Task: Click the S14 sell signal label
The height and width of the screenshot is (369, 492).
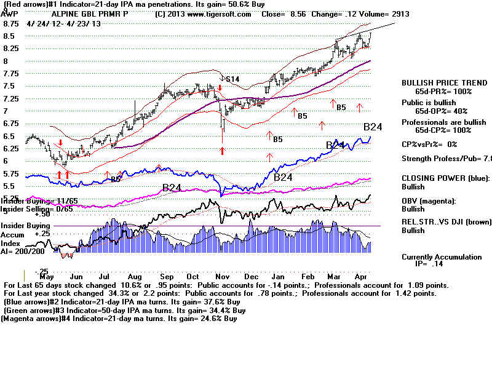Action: (232, 79)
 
